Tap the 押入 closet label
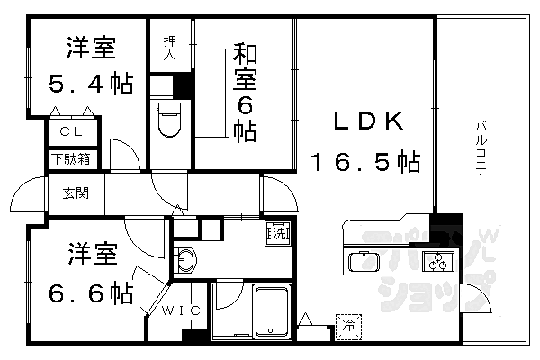click(169, 48)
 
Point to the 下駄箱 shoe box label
click(70, 161)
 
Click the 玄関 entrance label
click(76, 192)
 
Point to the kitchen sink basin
click(364, 262)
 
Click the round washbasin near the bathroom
click(187, 261)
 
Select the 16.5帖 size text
click(365, 163)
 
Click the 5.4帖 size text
click(90, 85)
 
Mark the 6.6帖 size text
click(90, 292)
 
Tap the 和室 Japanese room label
click(246, 67)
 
